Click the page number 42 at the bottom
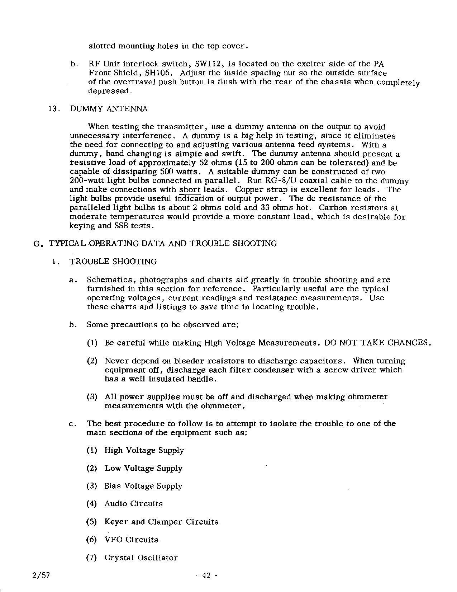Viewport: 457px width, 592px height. (x=206, y=575)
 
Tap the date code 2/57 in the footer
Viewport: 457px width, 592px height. (x=41, y=575)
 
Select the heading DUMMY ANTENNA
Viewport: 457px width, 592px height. (x=109, y=109)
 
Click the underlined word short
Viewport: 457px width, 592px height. (x=190, y=189)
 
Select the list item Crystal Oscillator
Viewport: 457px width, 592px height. (x=141, y=558)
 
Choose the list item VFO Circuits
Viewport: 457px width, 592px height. (x=131, y=540)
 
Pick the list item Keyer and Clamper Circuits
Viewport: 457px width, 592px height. (x=161, y=522)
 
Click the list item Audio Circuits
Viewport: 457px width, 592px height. (x=133, y=504)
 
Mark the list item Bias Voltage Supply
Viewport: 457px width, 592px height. (x=143, y=486)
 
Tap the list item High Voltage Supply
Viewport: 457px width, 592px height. (x=144, y=450)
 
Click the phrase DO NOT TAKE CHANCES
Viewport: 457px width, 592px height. (x=377, y=343)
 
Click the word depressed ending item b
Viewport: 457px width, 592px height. (x=109, y=91)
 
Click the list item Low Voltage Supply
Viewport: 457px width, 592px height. (x=143, y=468)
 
